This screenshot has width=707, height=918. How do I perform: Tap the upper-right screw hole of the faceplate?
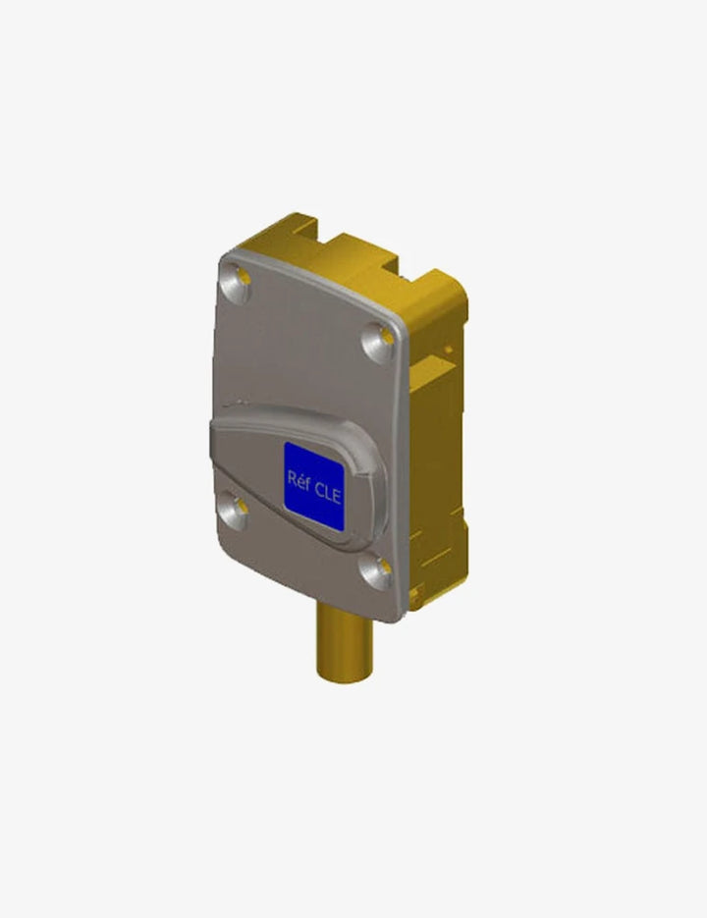(379, 341)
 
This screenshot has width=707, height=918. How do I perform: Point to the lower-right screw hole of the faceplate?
(377, 570)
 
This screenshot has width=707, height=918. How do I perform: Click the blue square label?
(314, 487)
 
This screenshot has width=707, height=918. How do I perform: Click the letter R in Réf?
(292, 477)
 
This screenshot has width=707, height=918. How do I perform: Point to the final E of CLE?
(336, 496)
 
